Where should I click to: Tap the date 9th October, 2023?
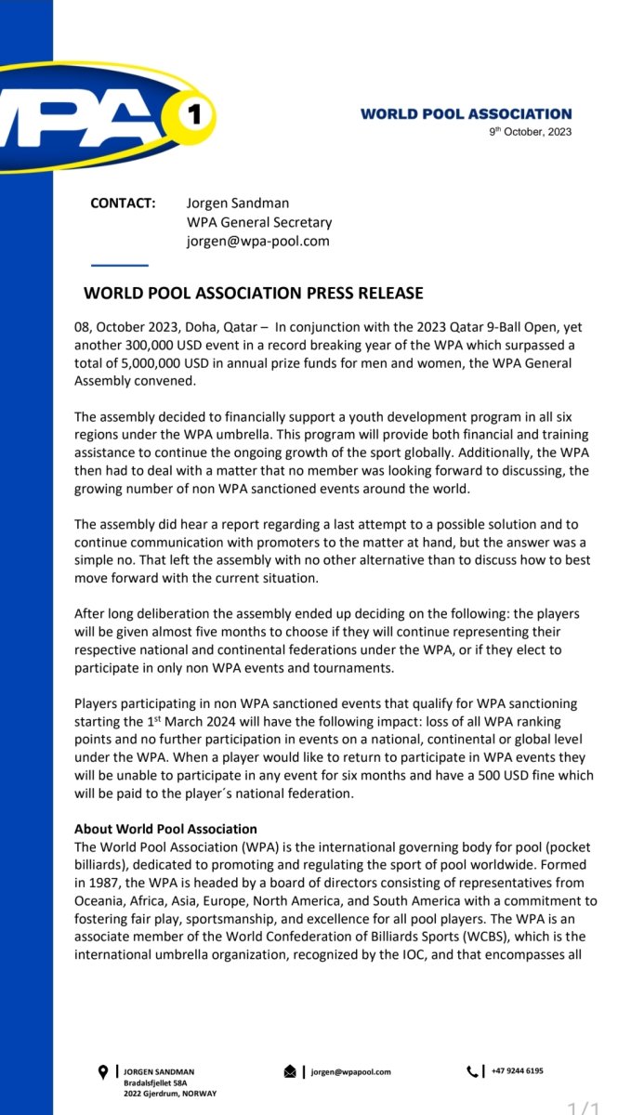tap(531, 132)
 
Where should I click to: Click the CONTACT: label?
tap(122, 203)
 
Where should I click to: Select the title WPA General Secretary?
tap(259, 222)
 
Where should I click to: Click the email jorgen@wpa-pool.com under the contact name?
tap(257, 241)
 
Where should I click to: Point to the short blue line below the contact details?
tap(120, 266)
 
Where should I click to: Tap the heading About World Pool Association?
tap(165, 829)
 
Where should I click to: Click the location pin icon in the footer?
tap(103, 1072)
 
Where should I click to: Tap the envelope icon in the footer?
tap(290, 1072)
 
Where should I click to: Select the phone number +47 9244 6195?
tap(518, 1071)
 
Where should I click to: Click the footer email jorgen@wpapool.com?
tap(350, 1072)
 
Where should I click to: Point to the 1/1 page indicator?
tap(586, 1106)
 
